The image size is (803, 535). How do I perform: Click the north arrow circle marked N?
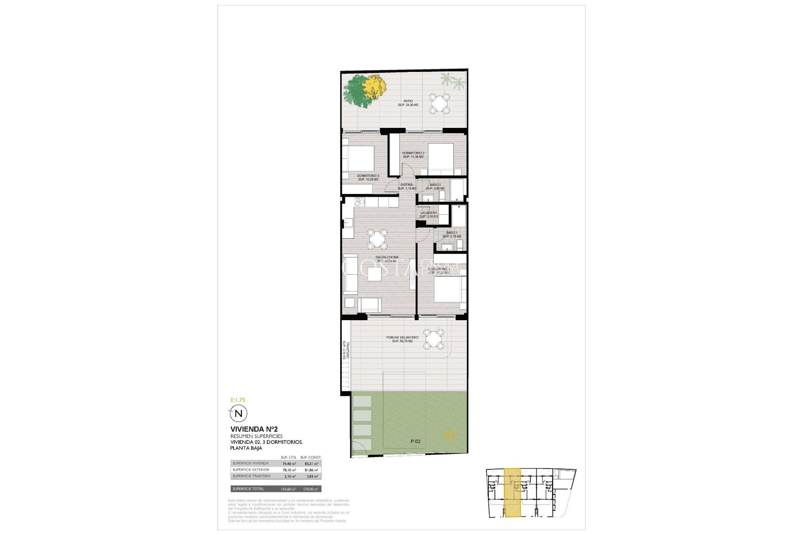[x=239, y=413]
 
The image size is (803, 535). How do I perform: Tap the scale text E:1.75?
[x=238, y=400]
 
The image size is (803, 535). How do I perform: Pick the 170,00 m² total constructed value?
[x=310, y=489]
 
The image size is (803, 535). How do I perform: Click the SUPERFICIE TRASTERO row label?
[x=251, y=476]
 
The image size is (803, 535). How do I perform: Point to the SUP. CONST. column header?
[x=310, y=458]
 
